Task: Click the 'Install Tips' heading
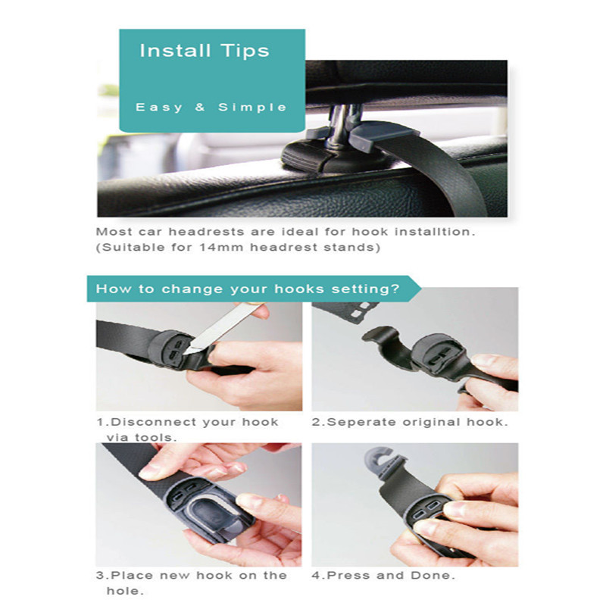(x=205, y=51)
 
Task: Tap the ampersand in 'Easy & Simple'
(x=200, y=107)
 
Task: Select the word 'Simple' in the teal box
(x=252, y=108)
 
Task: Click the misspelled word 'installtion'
(x=434, y=232)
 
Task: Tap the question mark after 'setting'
(x=395, y=289)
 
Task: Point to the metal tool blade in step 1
(x=222, y=329)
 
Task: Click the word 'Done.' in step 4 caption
(x=433, y=576)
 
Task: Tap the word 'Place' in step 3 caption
(x=132, y=576)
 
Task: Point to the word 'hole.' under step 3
(x=125, y=591)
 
